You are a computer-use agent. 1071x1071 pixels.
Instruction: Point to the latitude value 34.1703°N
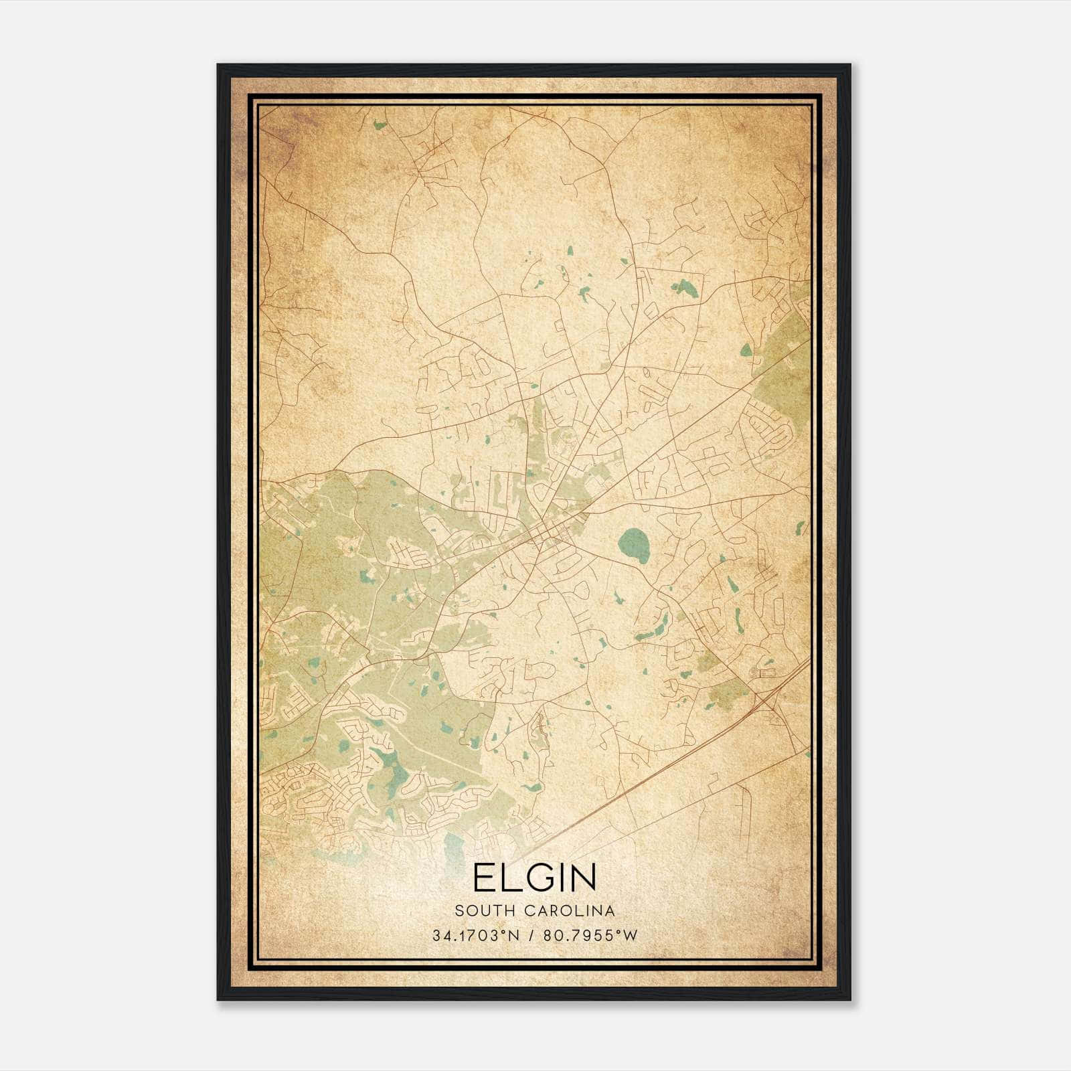coord(476,935)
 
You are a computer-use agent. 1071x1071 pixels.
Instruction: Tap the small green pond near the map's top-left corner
coord(380,125)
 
